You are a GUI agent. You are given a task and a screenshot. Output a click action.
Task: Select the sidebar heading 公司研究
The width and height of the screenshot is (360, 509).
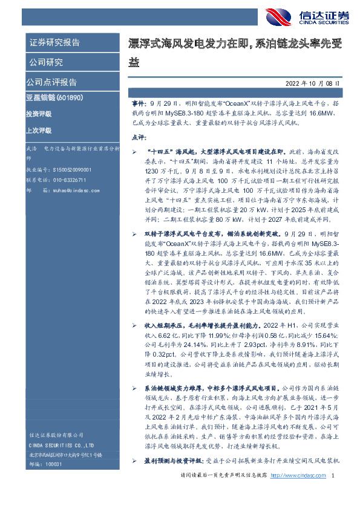point(46,62)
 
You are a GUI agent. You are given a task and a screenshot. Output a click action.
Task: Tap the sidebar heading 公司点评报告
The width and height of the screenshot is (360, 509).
point(51,82)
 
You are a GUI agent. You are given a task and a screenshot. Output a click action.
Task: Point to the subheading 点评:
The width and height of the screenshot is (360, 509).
point(139,138)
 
